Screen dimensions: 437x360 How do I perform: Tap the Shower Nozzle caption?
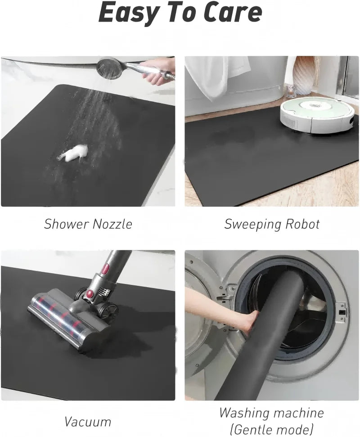tap(88, 224)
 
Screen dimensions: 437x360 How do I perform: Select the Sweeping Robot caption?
tap(272, 224)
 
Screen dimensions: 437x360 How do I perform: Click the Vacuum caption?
tap(88, 422)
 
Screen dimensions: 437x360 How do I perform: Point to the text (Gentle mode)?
tap(271, 428)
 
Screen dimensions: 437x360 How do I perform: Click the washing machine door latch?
tap(342, 311)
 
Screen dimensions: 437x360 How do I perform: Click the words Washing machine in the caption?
tap(271, 412)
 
